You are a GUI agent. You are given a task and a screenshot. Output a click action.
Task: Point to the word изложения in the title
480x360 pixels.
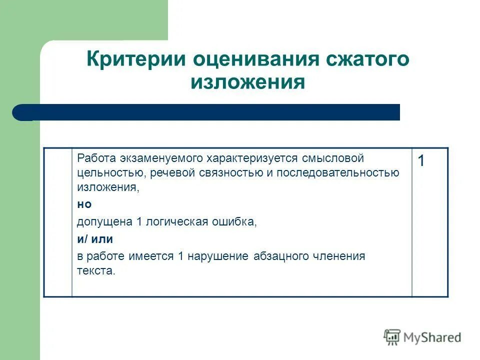(247, 81)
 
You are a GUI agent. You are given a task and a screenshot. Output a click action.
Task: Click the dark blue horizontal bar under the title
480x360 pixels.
(210, 112)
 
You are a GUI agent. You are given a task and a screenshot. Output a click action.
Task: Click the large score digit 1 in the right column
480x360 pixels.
(421, 161)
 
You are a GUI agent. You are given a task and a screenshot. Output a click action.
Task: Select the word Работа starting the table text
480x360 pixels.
(96, 158)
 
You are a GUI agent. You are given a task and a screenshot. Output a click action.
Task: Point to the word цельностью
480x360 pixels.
(103, 173)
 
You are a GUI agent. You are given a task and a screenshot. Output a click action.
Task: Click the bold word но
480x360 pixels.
(84, 204)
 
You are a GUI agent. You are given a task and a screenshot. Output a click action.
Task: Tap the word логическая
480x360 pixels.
(176, 221)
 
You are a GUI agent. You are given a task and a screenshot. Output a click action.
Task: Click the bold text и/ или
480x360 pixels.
(95, 239)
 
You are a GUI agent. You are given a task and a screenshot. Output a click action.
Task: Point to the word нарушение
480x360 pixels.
(219, 256)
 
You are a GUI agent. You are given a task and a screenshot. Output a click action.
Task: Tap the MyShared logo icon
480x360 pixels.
(392, 337)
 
